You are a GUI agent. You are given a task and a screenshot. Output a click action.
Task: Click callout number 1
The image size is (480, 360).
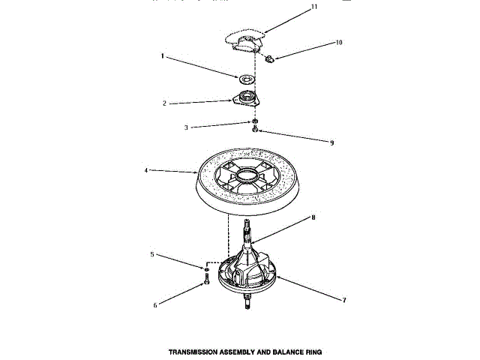point(162,56)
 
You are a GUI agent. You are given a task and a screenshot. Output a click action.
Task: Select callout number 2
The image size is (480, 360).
point(164,103)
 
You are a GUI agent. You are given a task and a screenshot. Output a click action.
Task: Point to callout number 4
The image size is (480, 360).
point(147,170)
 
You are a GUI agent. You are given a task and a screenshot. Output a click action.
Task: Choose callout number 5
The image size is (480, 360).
point(152,255)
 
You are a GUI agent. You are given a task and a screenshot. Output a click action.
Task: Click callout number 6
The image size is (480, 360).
point(156,304)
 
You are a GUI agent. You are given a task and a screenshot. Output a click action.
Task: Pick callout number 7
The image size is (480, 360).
point(343,300)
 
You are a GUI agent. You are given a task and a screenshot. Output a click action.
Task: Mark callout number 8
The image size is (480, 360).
point(313,218)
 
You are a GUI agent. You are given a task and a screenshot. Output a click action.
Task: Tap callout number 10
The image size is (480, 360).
point(339,43)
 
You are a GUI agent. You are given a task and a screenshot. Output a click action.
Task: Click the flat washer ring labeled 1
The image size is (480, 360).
point(245,77)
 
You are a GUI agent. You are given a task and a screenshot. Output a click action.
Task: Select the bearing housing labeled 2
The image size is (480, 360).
point(244,98)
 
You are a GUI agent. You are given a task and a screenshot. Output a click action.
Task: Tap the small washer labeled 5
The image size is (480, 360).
point(205,268)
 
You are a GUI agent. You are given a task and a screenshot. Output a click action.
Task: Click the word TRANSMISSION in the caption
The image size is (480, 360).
point(191,350)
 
